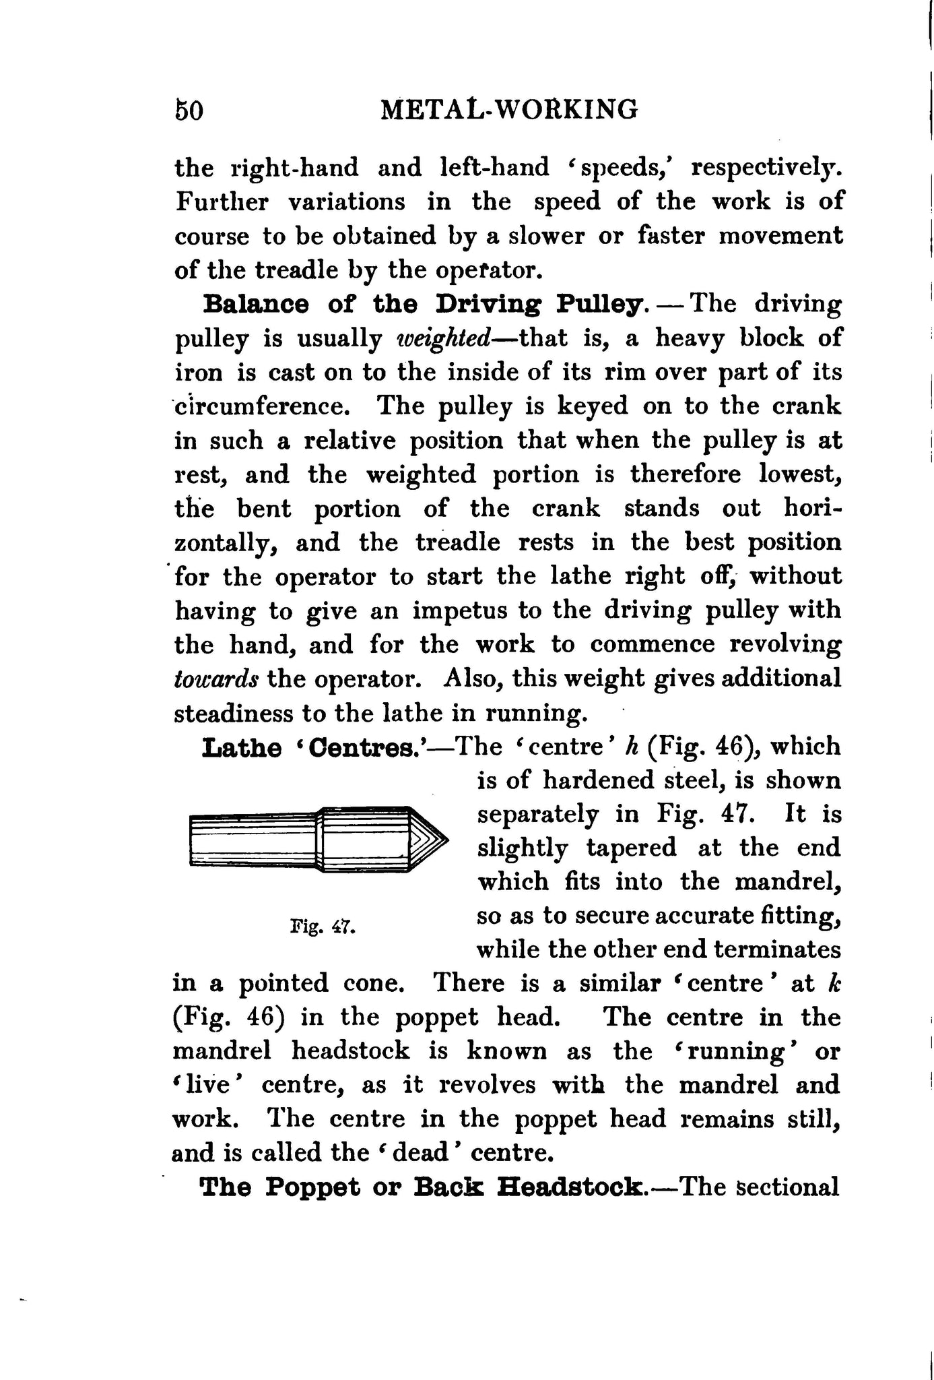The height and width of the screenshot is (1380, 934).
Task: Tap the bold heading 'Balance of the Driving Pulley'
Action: tap(424, 305)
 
